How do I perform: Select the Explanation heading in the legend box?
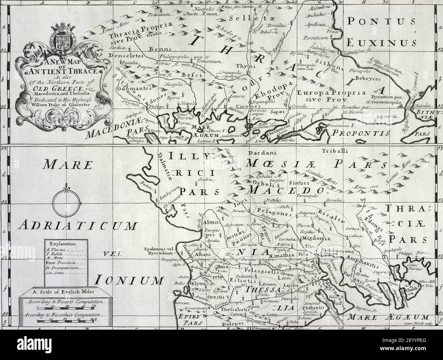(62, 244)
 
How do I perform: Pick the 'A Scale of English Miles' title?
(61, 291)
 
